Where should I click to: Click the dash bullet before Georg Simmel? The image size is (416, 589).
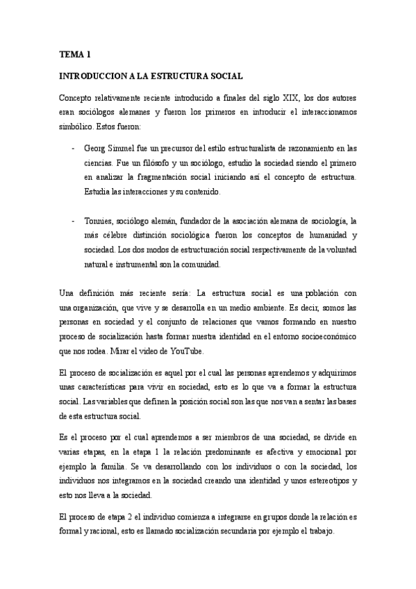click(x=74, y=148)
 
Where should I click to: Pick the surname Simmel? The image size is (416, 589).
click(x=118, y=148)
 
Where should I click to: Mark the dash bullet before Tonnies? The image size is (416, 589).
click(x=74, y=221)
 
